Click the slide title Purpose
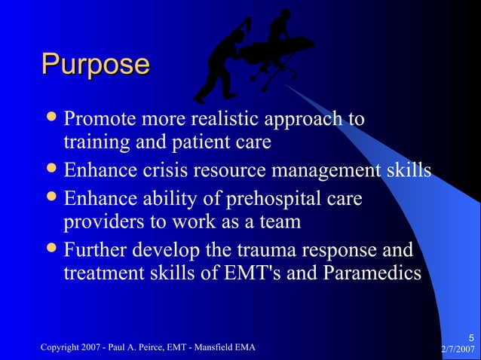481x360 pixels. [95, 64]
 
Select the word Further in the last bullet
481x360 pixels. [94, 249]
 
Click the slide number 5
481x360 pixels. [470, 337]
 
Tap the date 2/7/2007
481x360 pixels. [458, 349]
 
